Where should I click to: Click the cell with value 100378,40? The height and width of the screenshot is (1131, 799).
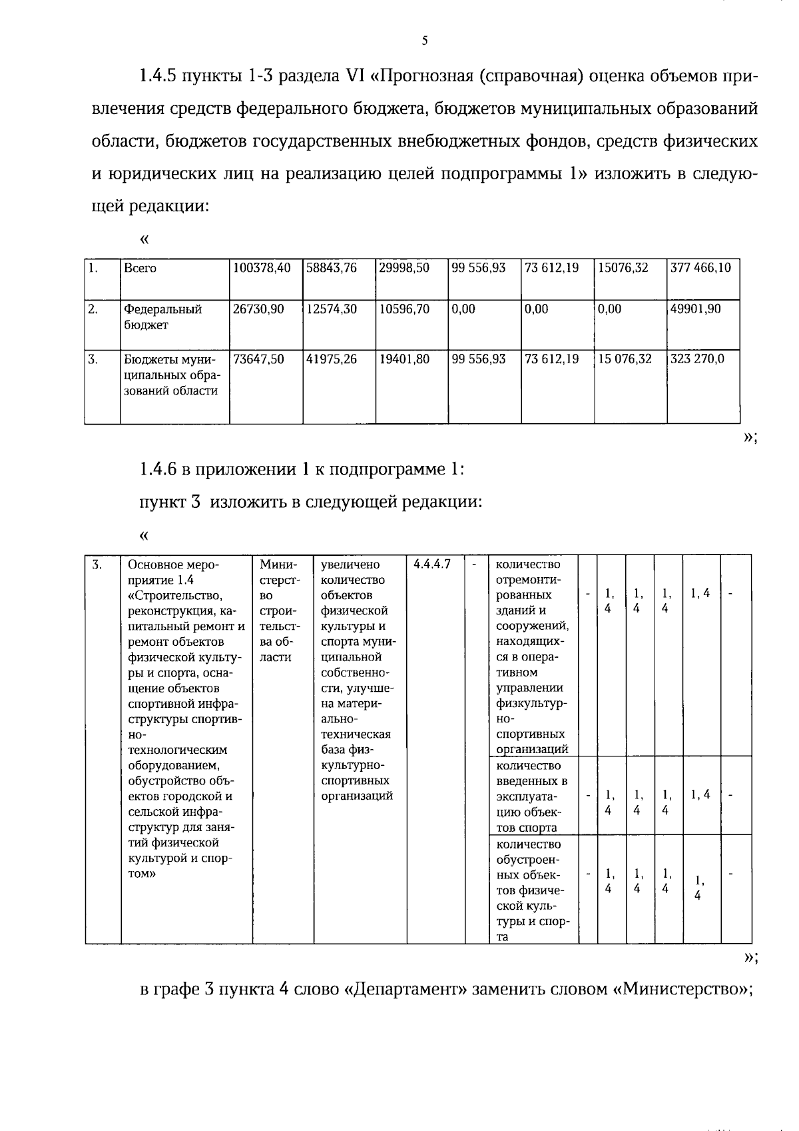coord(262,268)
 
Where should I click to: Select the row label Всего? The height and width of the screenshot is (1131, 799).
coord(140,268)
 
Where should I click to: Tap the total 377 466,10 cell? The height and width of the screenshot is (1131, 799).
coord(700,268)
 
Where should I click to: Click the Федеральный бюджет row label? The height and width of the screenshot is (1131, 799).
coord(162,317)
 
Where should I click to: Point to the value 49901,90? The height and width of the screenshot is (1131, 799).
coord(695,309)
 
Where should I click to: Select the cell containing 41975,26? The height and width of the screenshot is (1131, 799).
coord(331,359)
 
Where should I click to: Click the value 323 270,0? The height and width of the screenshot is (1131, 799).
coord(697,359)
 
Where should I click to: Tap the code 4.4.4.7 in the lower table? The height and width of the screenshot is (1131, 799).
coord(431,565)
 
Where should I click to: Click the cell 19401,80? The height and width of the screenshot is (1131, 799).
coord(404,359)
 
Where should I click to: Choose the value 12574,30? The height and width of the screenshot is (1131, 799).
coord(331,309)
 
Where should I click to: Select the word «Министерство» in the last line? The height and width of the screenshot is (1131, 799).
coord(680,989)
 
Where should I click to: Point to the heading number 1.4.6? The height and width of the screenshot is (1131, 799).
coord(157,469)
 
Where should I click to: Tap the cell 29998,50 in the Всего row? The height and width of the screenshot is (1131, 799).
coord(404,268)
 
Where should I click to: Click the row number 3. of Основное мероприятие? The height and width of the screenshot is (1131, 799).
coord(97,565)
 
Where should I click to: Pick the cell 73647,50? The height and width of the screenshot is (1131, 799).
coord(258,359)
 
